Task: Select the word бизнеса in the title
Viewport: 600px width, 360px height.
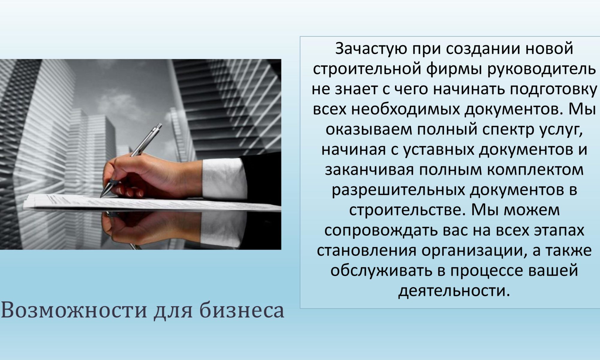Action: click(x=242, y=310)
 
